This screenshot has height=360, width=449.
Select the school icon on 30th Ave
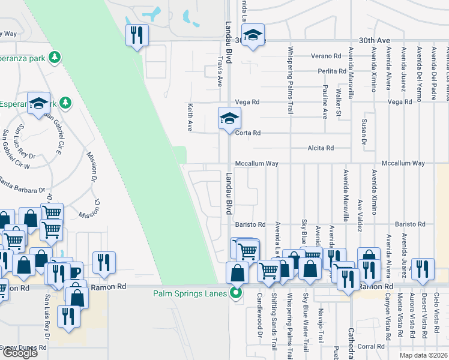pyautogui.click(x=254, y=36)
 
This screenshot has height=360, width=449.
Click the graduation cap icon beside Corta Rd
pyautogui.click(x=229, y=118)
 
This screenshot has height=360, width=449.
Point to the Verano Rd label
pyautogui.click(x=326, y=56)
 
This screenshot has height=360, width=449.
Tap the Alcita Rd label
pyautogui.click(x=337, y=148)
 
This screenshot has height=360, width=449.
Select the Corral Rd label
pyautogui.click(x=371, y=346)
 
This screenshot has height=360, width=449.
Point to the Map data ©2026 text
pyautogui.click(x=423, y=355)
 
